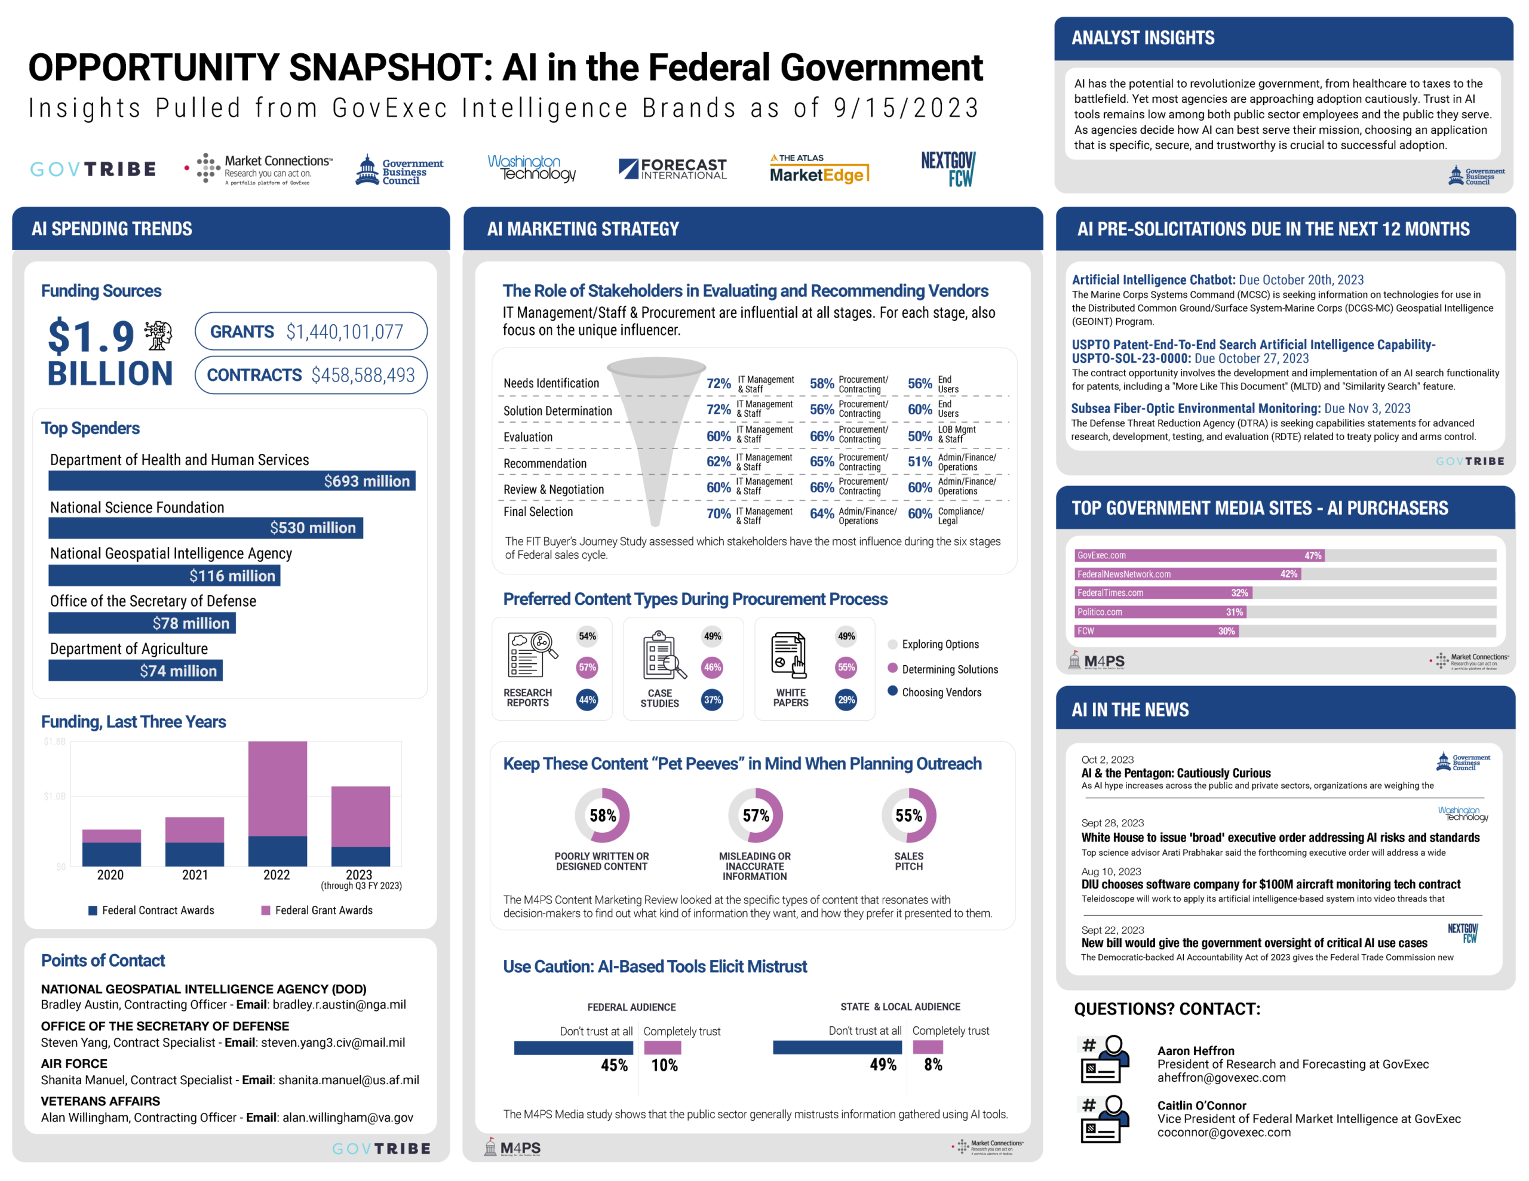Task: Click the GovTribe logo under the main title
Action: pyautogui.click(x=93, y=170)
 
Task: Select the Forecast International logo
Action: pyautogui.click(x=672, y=169)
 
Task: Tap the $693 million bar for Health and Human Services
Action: pyautogui.click(x=231, y=481)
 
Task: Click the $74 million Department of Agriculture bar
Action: pyautogui.click(x=135, y=671)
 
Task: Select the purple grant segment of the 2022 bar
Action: pyautogui.click(x=277, y=788)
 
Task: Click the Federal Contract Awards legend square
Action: pyautogui.click(x=93, y=910)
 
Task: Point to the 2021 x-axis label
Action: pyautogui.click(x=195, y=875)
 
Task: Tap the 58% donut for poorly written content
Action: pyautogui.click(x=602, y=816)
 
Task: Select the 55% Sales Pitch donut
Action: pyautogui.click(x=908, y=816)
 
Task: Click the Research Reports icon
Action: pyautogui.click(x=530, y=654)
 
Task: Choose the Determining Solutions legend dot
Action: pyautogui.click(x=893, y=668)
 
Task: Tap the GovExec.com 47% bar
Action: pyautogui.click(x=1199, y=556)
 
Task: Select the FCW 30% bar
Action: pyautogui.click(x=1156, y=631)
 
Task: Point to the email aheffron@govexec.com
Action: pyautogui.click(x=1221, y=1078)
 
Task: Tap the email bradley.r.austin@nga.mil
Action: pyautogui.click(x=339, y=1005)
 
